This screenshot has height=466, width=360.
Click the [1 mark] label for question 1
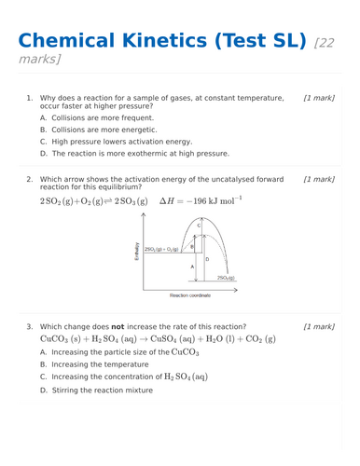tap(319, 97)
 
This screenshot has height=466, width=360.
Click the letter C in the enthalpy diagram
tap(198, 226)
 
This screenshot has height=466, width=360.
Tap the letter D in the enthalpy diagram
tap(206, 258)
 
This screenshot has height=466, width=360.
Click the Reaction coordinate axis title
tap(190, 295)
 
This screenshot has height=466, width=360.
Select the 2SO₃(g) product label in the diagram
tap(226, 278)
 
